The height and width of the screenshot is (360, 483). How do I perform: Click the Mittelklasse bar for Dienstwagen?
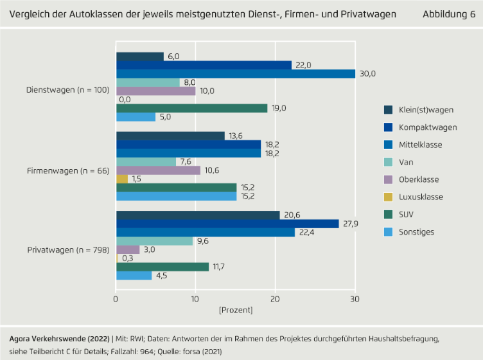[x=235, y=73]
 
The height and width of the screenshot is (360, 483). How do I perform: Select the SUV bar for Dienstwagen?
[x=191, y=108]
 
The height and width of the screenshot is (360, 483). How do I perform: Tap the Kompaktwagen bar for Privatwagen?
[x=227, y=223]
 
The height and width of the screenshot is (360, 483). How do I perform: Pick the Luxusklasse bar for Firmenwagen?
[x=122, y=179]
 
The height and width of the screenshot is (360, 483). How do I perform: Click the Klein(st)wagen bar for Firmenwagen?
[x=170, y=136]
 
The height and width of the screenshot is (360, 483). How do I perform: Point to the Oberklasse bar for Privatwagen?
[x=128, y=249]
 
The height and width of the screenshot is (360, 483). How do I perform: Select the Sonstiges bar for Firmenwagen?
[x=176, y=196]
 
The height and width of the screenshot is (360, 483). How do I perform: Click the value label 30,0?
[x=368, y=73]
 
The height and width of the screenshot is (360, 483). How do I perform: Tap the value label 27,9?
[x=351, y=223]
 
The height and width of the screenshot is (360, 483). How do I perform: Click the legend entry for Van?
[x=405, y=163]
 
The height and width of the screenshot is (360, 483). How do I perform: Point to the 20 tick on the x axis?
[x=276, y=299]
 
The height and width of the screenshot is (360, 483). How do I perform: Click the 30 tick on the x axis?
[x=355, y=299]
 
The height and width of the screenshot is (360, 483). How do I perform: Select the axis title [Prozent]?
[x=236, y=310]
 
